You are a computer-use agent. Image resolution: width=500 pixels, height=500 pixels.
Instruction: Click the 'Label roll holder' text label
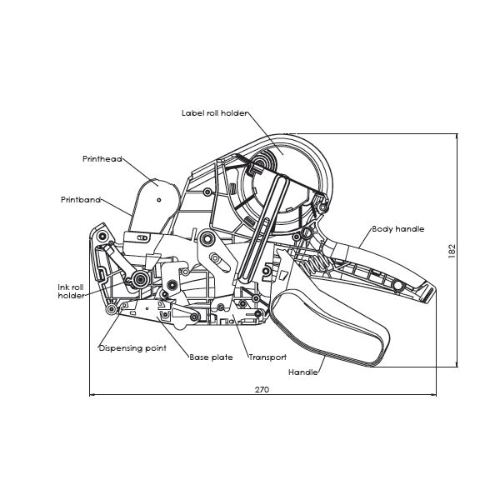click(214, 113)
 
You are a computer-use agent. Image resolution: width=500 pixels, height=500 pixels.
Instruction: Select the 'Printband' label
click(81, 200)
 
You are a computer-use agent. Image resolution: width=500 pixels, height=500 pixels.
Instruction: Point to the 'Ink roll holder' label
click(71, 291)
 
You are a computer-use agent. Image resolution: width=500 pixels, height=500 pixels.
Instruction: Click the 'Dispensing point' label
click(132, 347)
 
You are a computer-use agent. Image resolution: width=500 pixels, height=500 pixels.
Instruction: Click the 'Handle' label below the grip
click(302, 372)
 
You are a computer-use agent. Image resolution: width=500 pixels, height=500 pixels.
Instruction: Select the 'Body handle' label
click(398, 228)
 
